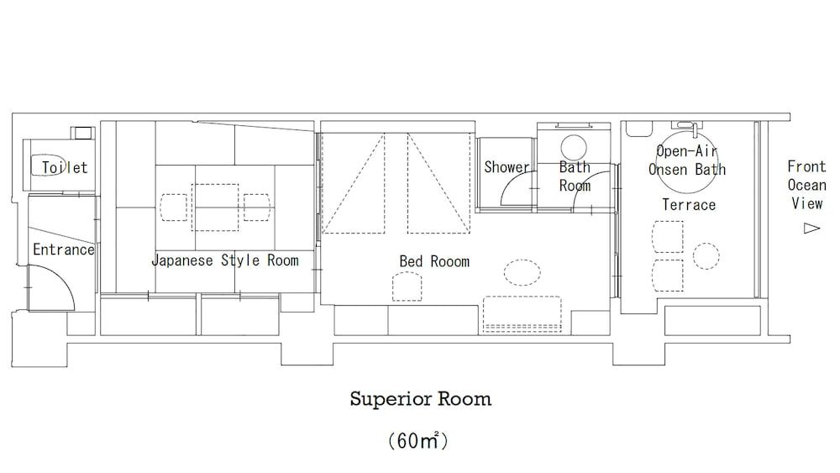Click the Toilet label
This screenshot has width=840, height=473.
tap(65, 168)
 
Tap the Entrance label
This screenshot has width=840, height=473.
tap(64, 250)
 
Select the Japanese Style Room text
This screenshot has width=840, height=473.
tap(224, 260)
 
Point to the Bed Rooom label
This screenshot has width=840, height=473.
tap(434, 262)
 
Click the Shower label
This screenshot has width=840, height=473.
tap(507, 168)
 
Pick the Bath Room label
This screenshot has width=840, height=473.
tap(575, 176)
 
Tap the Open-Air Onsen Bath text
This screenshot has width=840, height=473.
tap(687, 160)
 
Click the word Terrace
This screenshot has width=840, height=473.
tap(689, 205)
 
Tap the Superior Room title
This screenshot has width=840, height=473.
tap(420, 399)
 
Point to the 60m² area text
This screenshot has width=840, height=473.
tap(417, 441)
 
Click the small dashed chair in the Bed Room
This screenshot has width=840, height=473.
tap(407, 287)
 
